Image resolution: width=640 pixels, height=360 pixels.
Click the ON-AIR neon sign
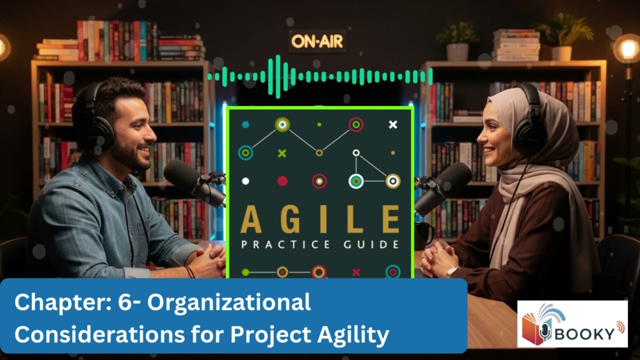(317, 41)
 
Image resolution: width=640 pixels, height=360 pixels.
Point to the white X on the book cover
(393, 124)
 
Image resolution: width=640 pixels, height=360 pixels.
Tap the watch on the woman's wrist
(452, 271)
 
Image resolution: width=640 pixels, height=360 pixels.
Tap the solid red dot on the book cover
(282, 181)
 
